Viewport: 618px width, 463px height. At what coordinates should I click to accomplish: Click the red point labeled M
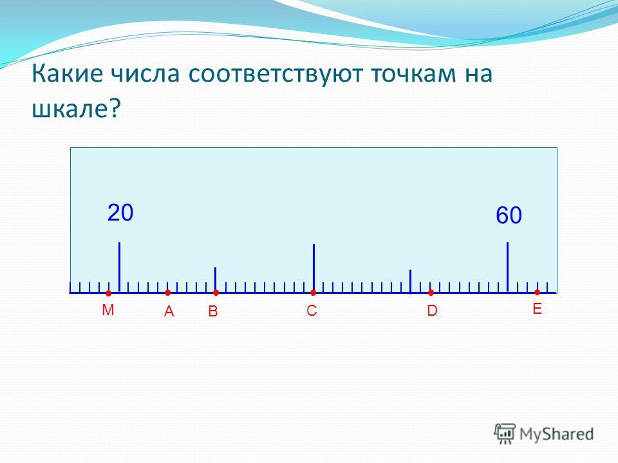point(108,293)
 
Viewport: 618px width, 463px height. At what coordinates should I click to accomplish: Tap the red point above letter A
point(167,293)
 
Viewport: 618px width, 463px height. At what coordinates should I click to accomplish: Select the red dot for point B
point(216,293)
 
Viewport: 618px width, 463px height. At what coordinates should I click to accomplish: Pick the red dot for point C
point(313,293)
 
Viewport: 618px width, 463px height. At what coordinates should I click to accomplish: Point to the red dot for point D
point(431,293)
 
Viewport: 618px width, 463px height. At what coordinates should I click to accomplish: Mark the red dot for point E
point(537,292)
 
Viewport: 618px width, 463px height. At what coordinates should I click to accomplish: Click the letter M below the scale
point(108,310)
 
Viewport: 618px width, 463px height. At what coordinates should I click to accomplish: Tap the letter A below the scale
point(169,311)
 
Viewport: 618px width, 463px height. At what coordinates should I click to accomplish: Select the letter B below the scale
point(213,311)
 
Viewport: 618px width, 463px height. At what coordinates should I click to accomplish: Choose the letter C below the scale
point(312,311)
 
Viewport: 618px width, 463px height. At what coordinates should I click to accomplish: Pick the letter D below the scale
point(433,311)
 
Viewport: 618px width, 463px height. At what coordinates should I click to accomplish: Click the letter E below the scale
point(537,309)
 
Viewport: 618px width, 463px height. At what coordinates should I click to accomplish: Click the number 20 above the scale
point(120,213)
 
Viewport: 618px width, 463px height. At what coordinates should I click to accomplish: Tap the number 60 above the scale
point(509,215)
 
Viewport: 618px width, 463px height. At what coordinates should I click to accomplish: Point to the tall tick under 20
point(120,268)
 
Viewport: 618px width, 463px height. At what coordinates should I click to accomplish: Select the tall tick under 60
point(508,268)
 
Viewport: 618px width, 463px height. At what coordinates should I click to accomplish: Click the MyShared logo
point(544,434)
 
